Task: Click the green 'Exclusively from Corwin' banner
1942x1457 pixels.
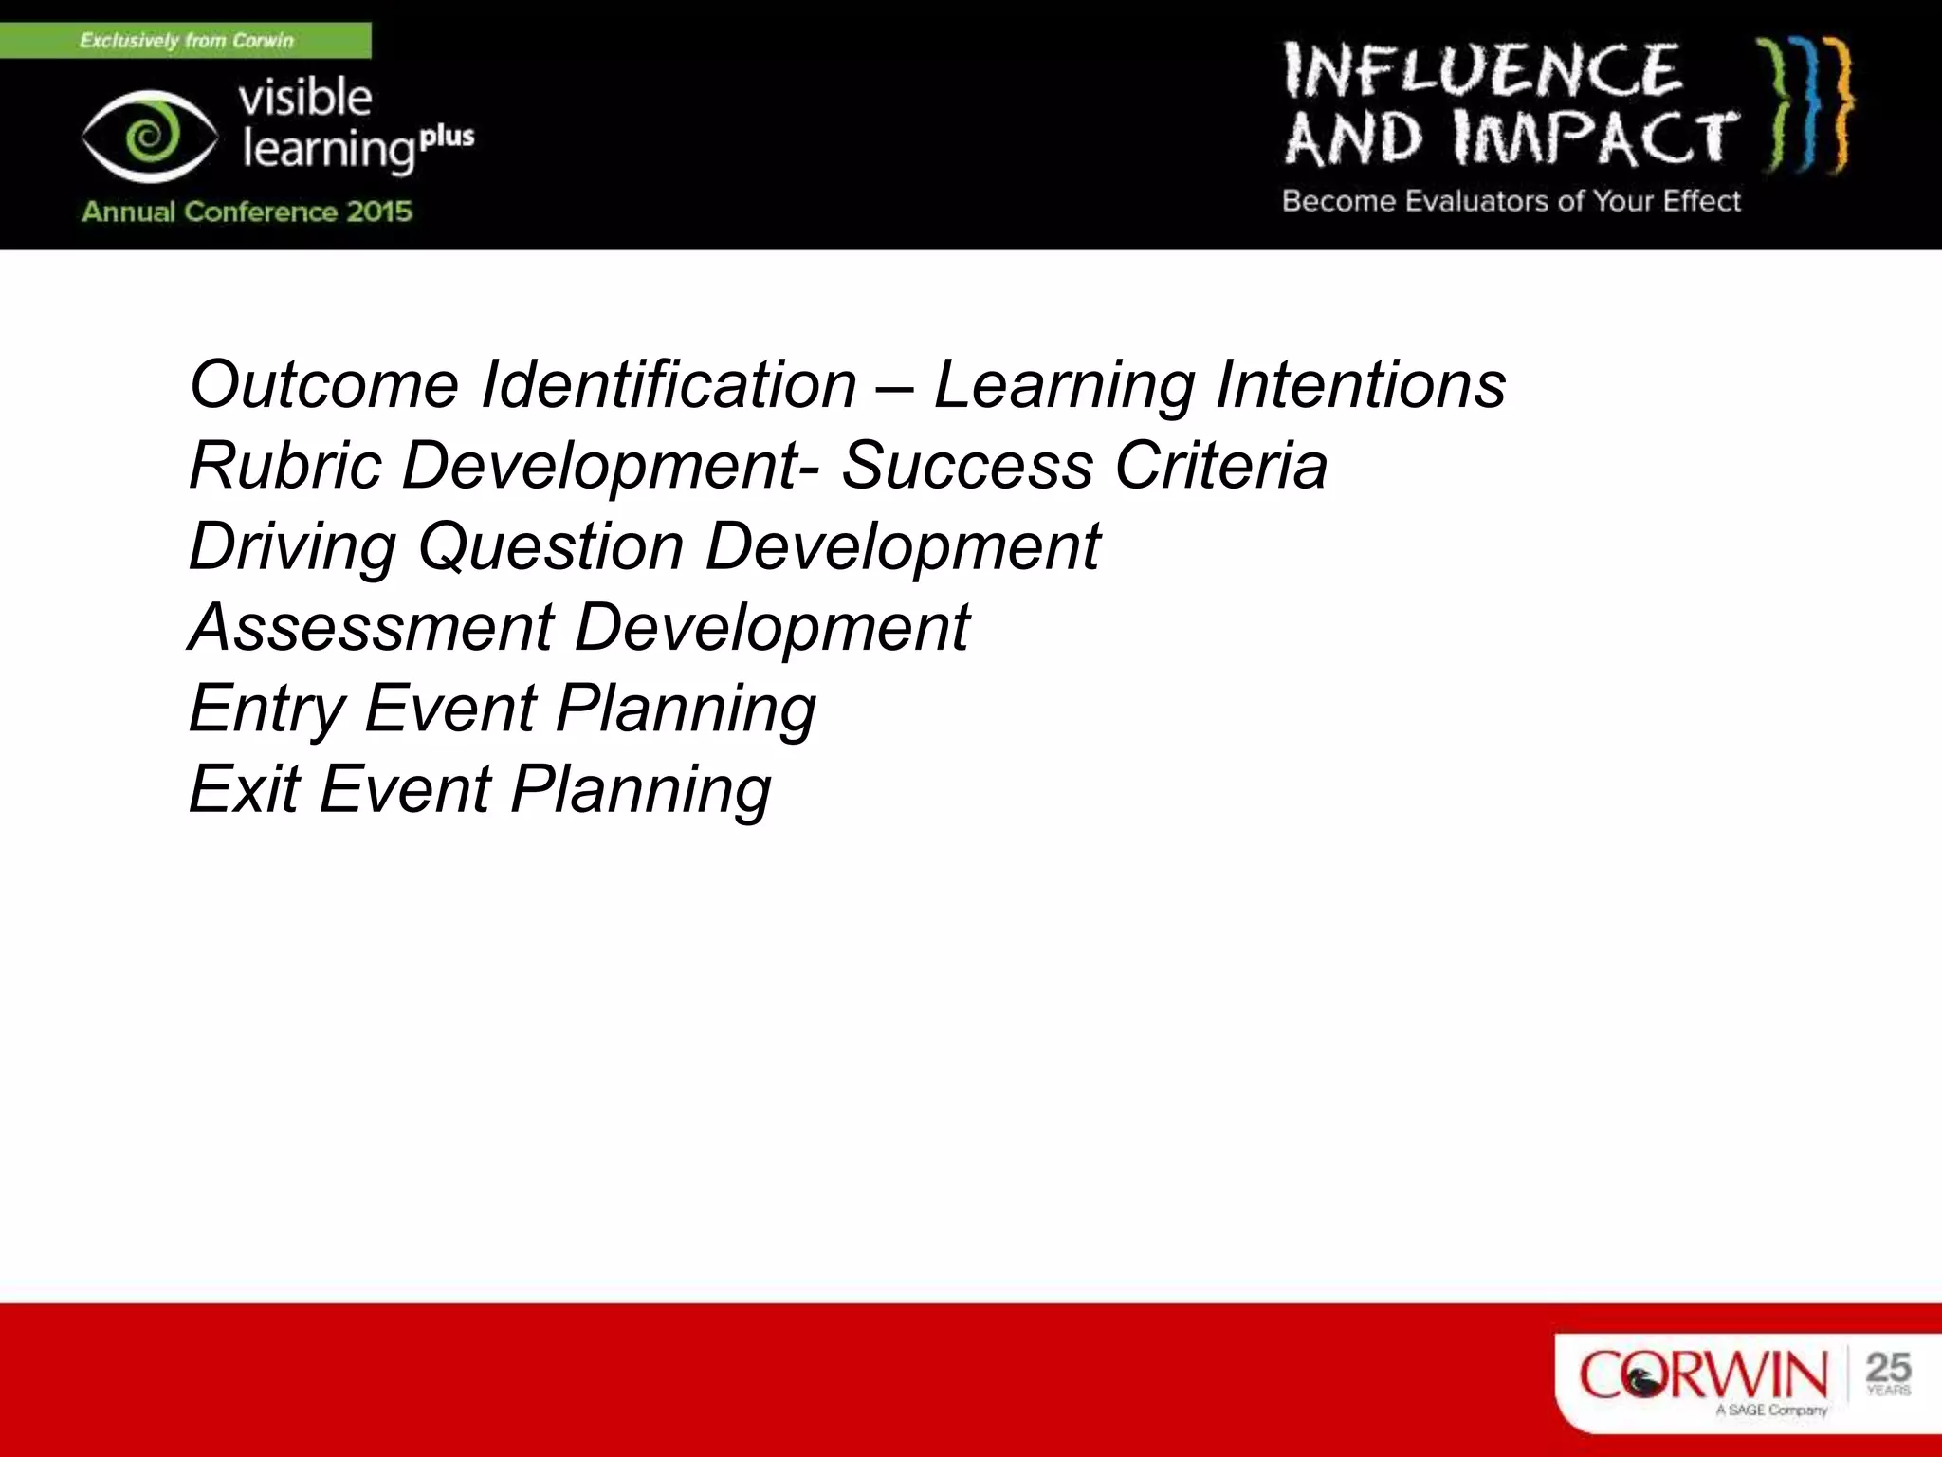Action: tap(186, 40)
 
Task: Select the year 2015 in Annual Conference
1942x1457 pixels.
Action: tap(378, 211)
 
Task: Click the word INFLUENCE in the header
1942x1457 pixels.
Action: tap(1482, 70)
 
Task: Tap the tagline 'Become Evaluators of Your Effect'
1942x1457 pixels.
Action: tap(1511, 201)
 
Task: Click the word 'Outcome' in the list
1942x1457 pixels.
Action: tap(325, 384)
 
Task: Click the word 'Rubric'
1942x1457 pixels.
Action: tap(284, 466)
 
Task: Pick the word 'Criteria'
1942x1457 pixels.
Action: tap(1220, 466)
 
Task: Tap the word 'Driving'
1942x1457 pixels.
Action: tap(292, 547)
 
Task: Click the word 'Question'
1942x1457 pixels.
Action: tap(551, 547)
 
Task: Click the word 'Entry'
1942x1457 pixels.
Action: tap(267, 709)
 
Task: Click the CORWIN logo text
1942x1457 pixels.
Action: tap(1702, 1375)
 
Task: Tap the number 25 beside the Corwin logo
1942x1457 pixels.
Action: tap(1887, 1367)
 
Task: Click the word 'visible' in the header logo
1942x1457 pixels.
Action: tap(305, 98)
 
